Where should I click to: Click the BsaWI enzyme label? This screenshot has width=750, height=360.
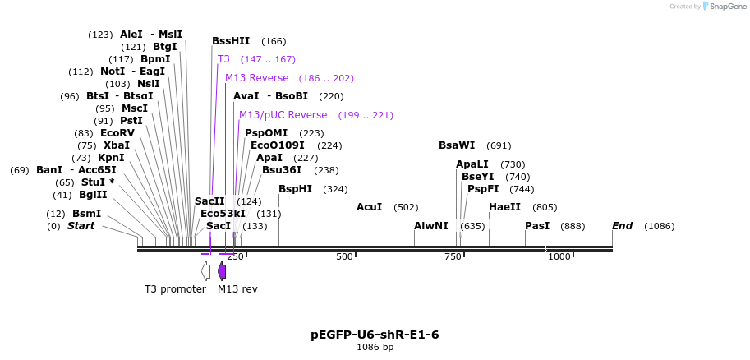(x=456, y=145)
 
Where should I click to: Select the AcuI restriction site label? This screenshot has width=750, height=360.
(x=369, y=207)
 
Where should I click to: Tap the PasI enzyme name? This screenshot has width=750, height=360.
(x=537, y=226)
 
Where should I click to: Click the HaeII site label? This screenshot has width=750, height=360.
(x=504, y=207)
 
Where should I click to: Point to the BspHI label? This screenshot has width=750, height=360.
(x=295, y=189)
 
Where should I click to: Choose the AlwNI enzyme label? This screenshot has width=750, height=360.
(x=431, y=226)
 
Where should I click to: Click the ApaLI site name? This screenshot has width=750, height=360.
(x=472, y=164)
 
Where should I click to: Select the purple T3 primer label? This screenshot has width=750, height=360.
(x=223, y=59)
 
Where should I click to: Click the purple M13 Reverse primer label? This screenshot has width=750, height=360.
(x=256, y=78)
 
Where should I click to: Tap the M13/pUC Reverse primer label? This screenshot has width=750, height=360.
(x=283, y=115)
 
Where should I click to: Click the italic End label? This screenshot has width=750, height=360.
(x=622, y=226)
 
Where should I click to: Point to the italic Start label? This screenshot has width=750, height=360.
(x=81, y=226)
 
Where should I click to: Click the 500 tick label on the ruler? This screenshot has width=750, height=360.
(x=344, y=257)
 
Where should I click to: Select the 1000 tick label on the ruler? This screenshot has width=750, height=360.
(x=559, y=257)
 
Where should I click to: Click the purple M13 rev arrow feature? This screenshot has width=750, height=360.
(x=222, y=271)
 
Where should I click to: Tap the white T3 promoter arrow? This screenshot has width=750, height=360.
(x=205, y=271)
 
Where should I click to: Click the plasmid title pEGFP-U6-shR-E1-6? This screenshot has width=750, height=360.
(x=375, y=335)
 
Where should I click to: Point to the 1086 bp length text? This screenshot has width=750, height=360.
(x=375, y=348)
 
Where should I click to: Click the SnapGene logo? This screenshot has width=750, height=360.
(x=723, y=7)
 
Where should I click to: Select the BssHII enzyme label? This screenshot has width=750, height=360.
(x=230, y=41)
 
